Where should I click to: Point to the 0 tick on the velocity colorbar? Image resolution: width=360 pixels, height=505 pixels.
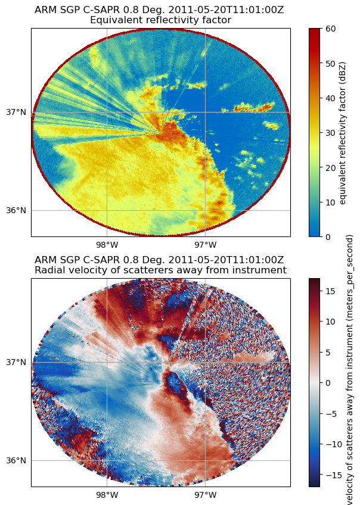pos(328,382)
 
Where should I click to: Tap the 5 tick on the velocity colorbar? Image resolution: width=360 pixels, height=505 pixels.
pos(328,352)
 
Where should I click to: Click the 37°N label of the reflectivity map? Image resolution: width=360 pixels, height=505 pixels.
pos(17,112)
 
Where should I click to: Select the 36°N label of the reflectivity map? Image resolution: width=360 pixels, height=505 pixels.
pos(17,210)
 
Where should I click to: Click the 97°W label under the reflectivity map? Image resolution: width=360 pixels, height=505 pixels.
pos(205,244)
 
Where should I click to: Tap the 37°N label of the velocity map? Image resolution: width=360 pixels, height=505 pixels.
pos(17,362)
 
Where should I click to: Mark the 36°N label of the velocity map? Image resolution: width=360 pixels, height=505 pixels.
pos(17,460)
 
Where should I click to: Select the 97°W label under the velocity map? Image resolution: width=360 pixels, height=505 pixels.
pos(205,494)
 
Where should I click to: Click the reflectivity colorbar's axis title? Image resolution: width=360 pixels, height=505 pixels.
pos(343,132)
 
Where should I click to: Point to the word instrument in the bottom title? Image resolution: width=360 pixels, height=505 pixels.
pos(260,270)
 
